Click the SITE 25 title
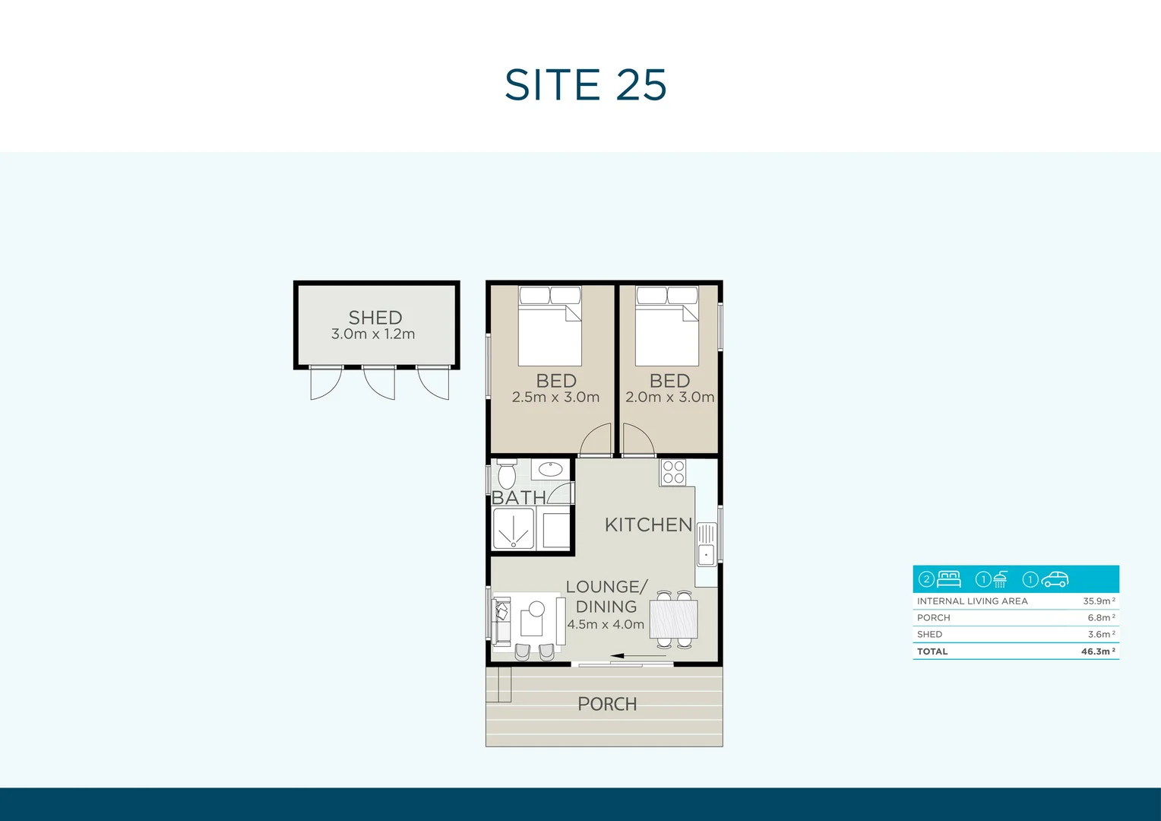(x=585, y=84)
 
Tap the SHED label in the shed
(x=375, y=317)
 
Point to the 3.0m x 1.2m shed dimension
(x=373, y=334)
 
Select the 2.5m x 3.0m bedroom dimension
(x=555, y=397)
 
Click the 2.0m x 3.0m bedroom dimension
(x=669, y=397)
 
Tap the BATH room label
(x=519, y=497)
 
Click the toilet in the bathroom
(x=507, y=474)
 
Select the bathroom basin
(x=551, y=469)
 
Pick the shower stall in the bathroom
(x=514, y=528)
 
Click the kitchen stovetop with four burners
(x=673, y=472)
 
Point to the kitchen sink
(x=706, y=544)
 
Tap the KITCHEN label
(x=648, y=525)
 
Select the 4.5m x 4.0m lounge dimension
(x=606, y=624)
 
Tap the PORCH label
(x=607, y=704)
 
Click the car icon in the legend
(x=1055, y=579)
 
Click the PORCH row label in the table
(x=933, y=617)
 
